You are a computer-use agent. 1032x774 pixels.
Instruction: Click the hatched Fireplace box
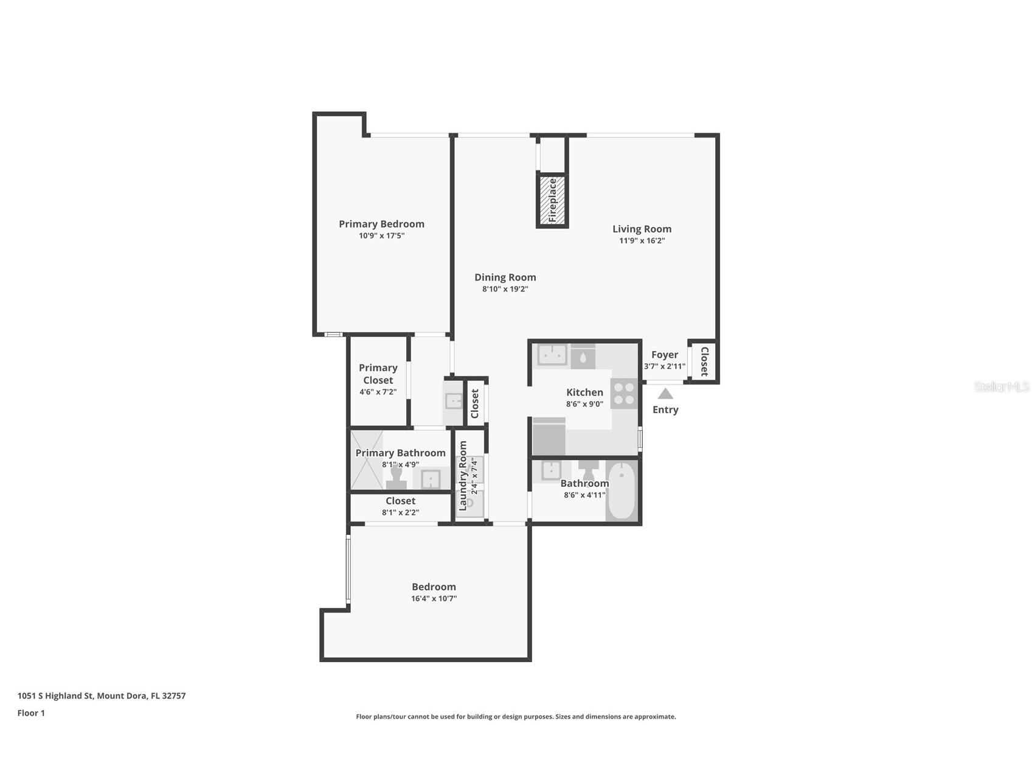coord(552,200)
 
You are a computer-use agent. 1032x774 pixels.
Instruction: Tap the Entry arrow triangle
coord(665,394)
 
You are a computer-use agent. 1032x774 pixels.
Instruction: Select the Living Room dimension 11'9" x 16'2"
coord(642,241)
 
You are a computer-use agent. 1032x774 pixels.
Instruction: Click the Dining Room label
coord(505,277)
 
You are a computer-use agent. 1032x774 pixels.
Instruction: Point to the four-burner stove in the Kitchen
coord(623,392)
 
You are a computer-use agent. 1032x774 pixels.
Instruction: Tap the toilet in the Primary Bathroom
coord(397,477)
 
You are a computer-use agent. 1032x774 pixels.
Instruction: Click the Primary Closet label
coord(378,374)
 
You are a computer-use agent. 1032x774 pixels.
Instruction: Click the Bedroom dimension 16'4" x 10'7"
coord(434,599)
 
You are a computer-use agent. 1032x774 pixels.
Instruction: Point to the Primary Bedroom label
coord(381,224)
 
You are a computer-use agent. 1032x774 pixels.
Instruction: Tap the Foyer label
coord(664,355)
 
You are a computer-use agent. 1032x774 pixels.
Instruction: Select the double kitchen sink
coord(552,355)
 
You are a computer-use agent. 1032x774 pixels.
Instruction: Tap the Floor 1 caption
coord(31,713)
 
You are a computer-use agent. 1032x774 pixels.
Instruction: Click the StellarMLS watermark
coord(1001,386)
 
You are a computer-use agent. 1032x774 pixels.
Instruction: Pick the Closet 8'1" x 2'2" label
coord(400,501)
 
